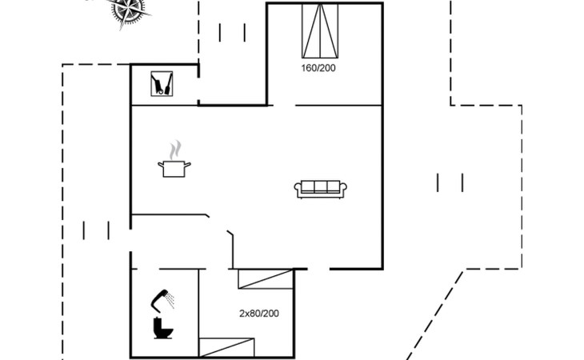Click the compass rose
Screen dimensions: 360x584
[x=127, y=10]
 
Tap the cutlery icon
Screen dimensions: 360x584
[x=162, y=84]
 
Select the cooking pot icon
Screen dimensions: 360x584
[x=175, y=168]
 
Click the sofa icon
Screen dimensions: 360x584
[x=321, y=189]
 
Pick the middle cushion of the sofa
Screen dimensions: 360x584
[x=321, y=187]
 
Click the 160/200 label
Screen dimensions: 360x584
[x=318, y=68]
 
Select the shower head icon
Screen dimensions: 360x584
[x=165, y=298]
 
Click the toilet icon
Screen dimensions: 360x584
[x=163, y=328]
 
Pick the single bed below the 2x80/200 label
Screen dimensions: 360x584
[x=226, y=347]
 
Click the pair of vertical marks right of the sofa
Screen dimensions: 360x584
[x=450, y=182]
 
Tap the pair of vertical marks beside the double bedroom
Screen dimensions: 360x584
[x=232, y=32]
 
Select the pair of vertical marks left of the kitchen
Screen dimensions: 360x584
[x=96, y=230]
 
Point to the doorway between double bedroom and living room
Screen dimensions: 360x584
[x=284, y=105]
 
